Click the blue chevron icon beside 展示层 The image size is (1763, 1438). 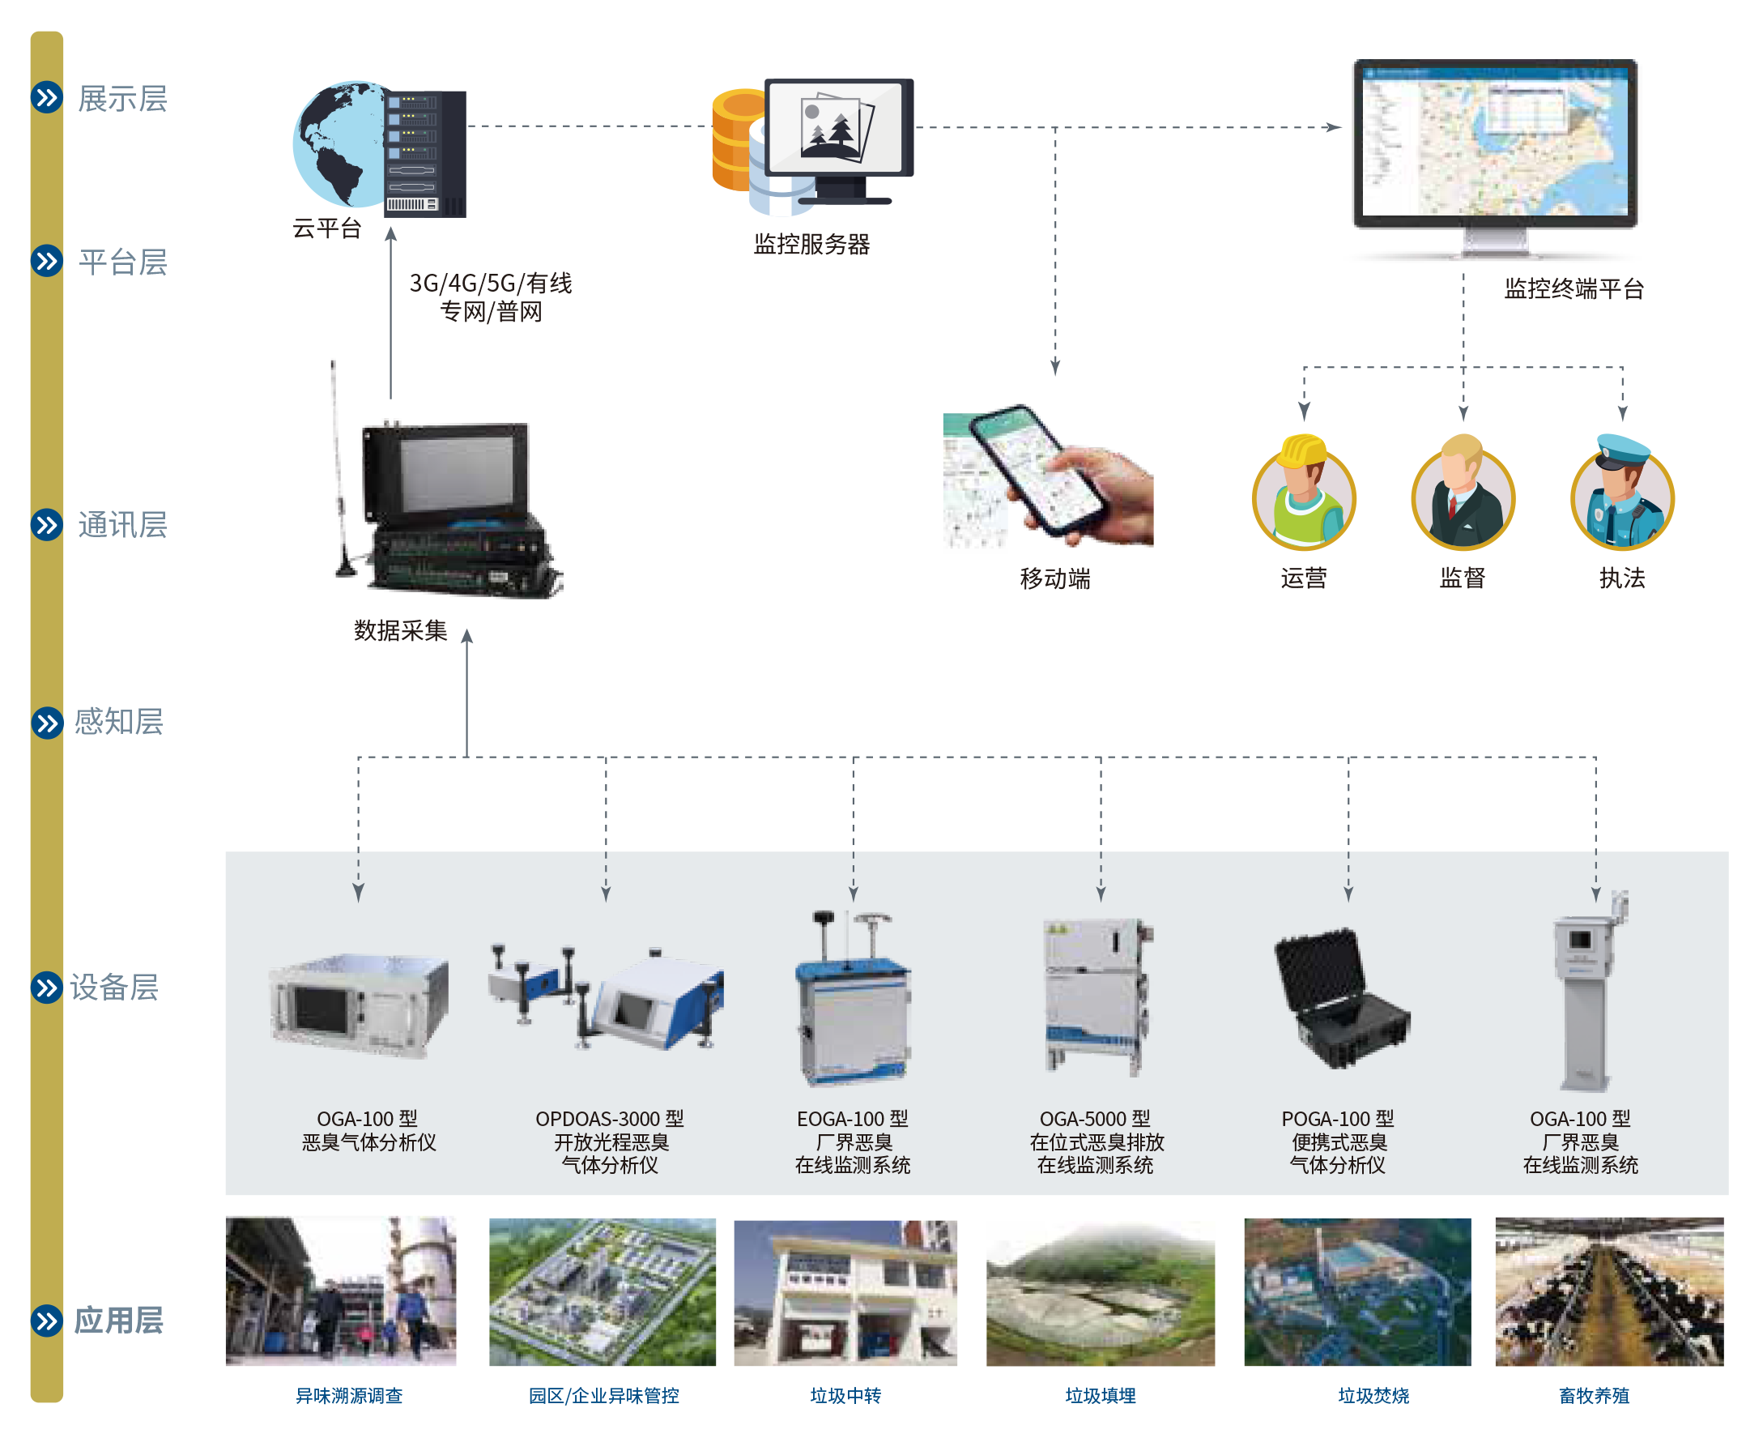[46, 98]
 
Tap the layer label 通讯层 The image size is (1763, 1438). [122, 524]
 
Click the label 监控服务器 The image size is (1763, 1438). [811, 245]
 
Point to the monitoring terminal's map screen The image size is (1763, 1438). [1496, 141]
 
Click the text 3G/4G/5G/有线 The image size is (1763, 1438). [490, 284]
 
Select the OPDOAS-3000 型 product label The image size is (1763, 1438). [610, 1119]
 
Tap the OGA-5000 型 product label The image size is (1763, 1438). [1095, 1119]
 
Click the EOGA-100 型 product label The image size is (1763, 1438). [852, 1119]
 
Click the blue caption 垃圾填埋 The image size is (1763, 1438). [1100, 1396]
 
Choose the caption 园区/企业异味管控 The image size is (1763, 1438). [603, 1396]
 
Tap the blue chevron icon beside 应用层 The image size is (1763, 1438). [46, 1320]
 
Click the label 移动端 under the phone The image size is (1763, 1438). [1054, 578]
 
